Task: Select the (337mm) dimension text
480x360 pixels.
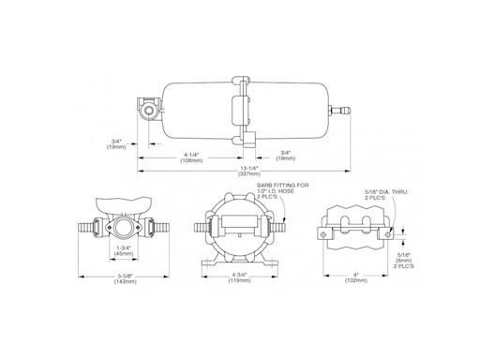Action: point(249,174)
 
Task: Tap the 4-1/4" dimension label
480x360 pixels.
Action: point(191,155)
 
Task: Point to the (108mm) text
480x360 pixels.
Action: point(191,160)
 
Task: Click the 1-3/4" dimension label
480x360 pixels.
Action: point(124,247)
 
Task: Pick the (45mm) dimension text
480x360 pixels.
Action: point(124,253)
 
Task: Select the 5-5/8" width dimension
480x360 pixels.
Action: point(126,276)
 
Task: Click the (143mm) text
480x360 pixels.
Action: point(126,281)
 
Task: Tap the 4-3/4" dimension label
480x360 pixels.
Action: point(239,275)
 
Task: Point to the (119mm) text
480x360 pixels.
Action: point(239,280)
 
